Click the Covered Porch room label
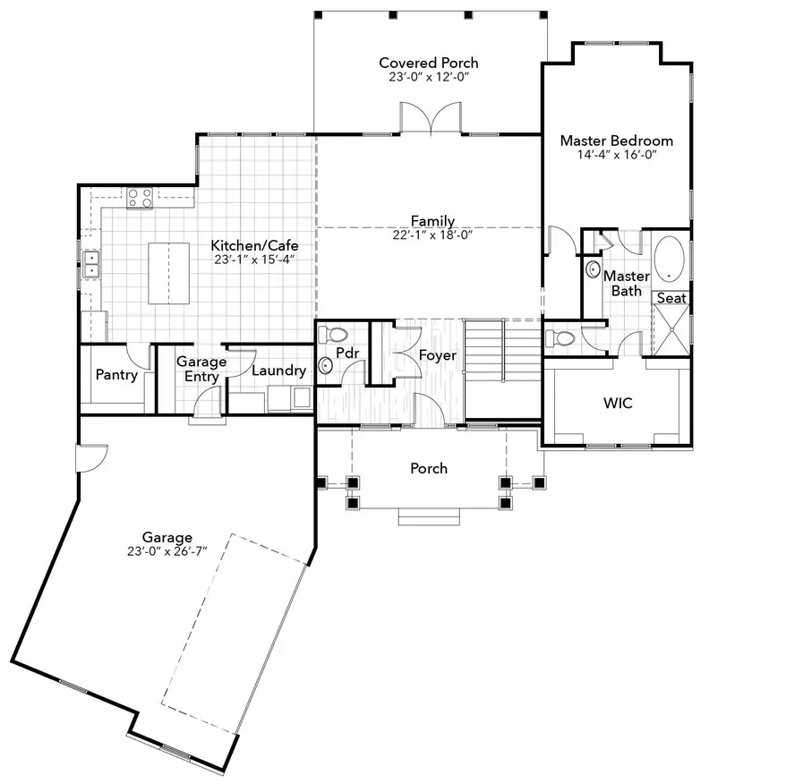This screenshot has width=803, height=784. point(428,63)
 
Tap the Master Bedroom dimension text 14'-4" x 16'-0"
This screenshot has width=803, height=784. point(616,155)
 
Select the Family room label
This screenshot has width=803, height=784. point(432,221)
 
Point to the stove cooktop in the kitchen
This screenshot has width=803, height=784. point(139,197)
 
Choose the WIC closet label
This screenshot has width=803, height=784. point(617,403)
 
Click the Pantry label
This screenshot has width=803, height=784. point(116,374)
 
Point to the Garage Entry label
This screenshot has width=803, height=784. point(201,369)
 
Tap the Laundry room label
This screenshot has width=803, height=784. point(278,370)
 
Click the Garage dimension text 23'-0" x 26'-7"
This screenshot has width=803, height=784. point(167,551)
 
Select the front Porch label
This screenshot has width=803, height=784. point(429,468)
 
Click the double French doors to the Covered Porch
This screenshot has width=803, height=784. point(431,118)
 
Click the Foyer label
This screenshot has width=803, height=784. point(438,355)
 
